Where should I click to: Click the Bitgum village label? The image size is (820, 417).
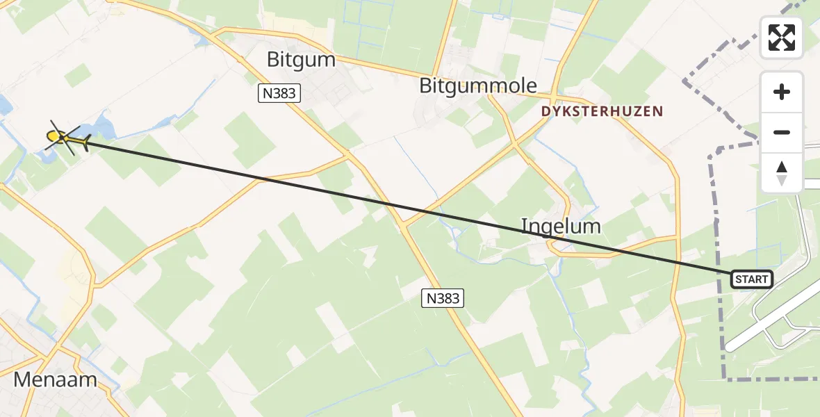pos(301,60)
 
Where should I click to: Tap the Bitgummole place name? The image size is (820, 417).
pos(478,86)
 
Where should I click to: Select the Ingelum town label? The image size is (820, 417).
pos(561,226)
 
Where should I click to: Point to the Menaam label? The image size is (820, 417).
pos(54,380)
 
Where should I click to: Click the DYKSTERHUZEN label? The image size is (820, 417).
pos(602,111)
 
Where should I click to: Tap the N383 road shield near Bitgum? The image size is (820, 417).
pos(279,93)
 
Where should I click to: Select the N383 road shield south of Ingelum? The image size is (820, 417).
pos(442,299)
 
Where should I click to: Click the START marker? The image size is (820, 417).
pos(751,279)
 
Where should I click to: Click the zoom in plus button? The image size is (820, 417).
pos(782,92)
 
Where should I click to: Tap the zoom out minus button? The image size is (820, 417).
pos(782,132)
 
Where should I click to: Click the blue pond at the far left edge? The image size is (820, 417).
pos(4,105)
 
